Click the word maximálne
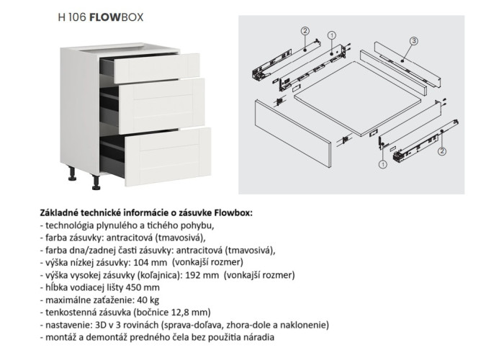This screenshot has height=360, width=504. pos(69,299)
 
